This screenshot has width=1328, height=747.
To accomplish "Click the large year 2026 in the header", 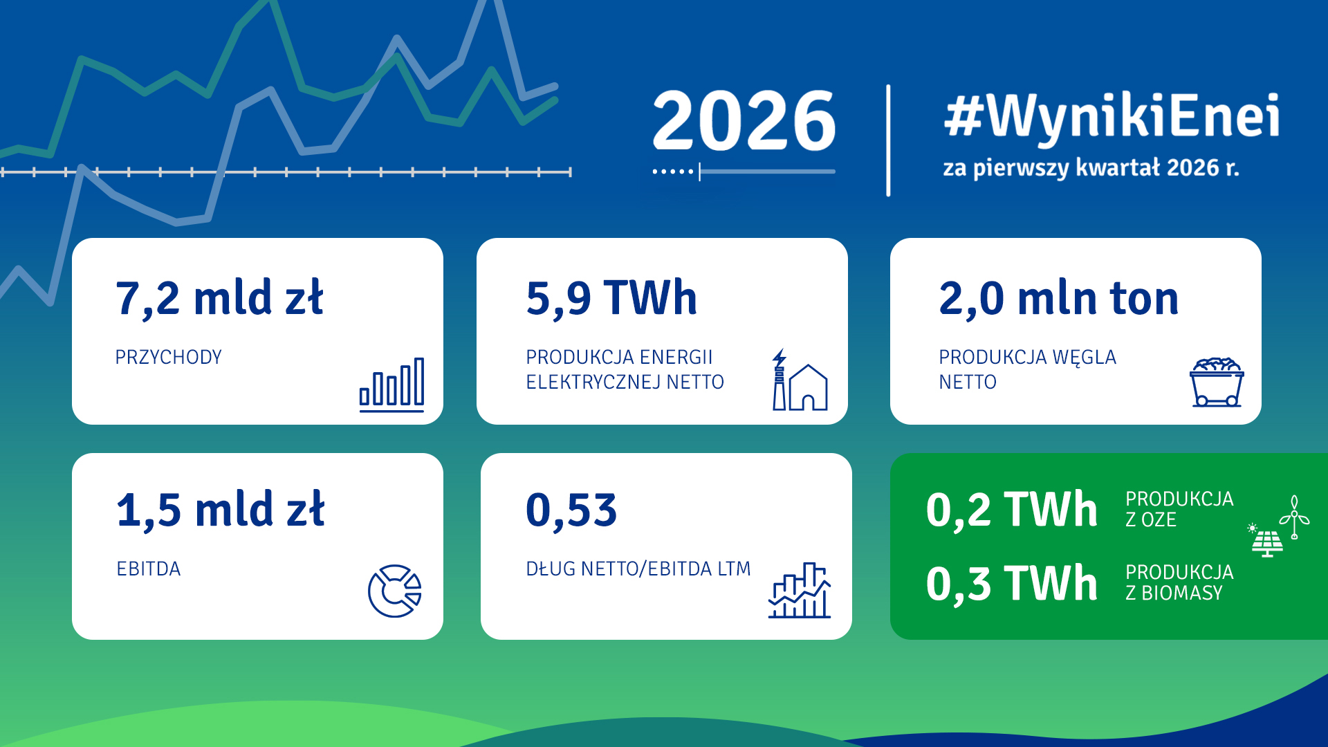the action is click(x=744, y=120).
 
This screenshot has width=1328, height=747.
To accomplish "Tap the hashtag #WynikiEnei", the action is click(x=1112, y=116).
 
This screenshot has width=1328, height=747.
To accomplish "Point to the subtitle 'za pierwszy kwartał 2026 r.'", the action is click(x=1091, y=168).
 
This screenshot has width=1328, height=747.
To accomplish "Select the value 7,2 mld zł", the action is click(x=219, y=299).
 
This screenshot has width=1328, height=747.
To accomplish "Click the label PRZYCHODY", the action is click(x=168, y=357).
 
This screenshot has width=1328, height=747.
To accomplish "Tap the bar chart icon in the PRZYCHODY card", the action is click(x=391, y=385).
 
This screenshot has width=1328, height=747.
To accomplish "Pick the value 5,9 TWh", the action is click(x=611, y=299).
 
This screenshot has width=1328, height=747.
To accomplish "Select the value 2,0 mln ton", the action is click(x=1058, y=299).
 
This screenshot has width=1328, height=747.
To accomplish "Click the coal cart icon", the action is click(x=1217, y=382).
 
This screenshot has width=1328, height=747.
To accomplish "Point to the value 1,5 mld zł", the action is click(x=221, y=510).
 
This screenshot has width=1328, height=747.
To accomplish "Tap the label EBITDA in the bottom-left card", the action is click(x=148, y=569).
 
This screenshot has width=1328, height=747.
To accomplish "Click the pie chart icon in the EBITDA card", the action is click(x=395, y=591).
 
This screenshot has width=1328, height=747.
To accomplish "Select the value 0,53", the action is click(x=571, y=510).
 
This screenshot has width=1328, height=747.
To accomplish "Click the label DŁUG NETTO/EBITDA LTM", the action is click(x=638, y=569).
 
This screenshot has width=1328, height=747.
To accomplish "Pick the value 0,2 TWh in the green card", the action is click(x=1011, y=510).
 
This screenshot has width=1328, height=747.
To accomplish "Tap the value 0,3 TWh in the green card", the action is click(x=1011, y=584).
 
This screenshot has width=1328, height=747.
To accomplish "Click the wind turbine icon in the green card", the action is click(x=1294, y=517).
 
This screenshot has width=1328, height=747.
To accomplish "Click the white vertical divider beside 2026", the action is click(x=888, y=140).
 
